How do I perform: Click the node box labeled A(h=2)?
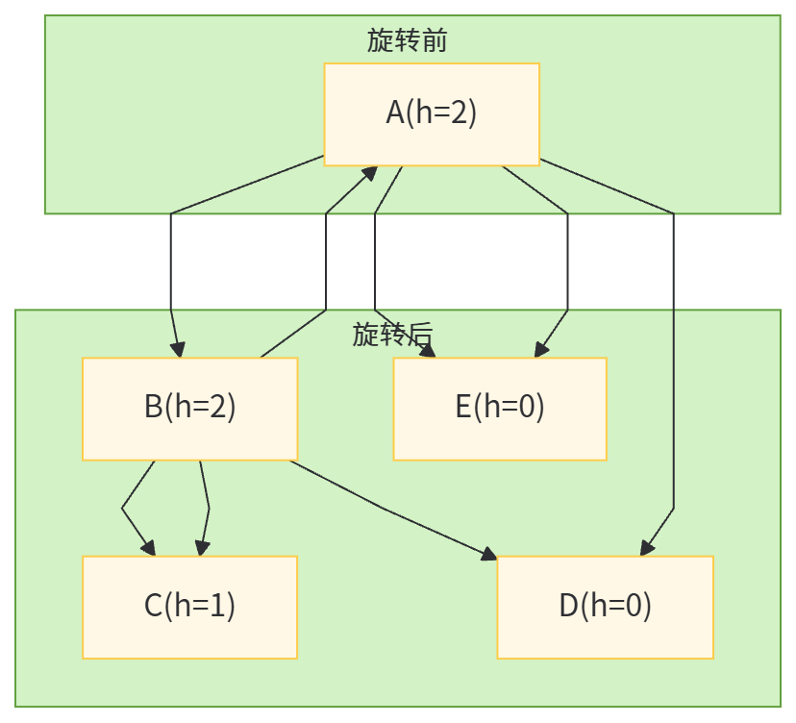[x=431, y=113]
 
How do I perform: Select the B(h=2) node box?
[x=189, y=408]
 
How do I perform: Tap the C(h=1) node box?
[x=189, y=606]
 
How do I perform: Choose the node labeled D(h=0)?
[x=605, y=606]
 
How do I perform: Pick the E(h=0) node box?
[x=499, y=408]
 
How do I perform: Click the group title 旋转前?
[x=407, y=40]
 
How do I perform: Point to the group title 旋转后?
[x=392, y=335]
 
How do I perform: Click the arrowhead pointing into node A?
[x=370, y=172]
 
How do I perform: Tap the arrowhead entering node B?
[x=177, y=349]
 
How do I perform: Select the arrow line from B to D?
[x=385, y=507]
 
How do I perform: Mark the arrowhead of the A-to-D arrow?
[x=647, y=548]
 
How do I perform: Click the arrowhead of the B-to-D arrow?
[x=490, y=554]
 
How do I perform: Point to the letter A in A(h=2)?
[x=395, y=113]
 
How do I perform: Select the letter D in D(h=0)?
[x=569, y=606]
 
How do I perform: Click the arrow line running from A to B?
[x=171, y=269]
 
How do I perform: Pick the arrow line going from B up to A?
[x=326, y=269]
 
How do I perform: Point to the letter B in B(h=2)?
[x=154, y=408]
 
